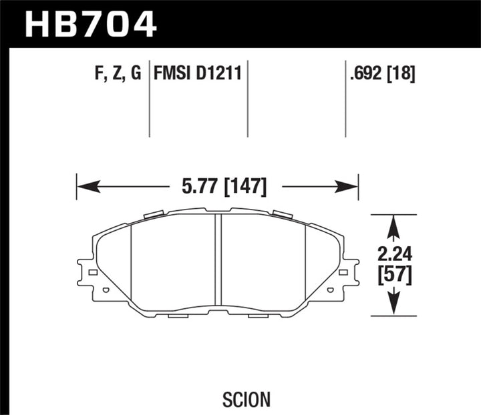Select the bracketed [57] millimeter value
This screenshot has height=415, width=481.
tap(394, 274)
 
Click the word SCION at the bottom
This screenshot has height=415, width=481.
tap(247, 380)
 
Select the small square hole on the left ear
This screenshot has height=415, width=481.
tap(93, 272)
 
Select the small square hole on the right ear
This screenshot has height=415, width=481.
tap(343, 272)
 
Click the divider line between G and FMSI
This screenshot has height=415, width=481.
tap(149, 100)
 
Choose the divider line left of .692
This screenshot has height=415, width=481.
tap(345, 100)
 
